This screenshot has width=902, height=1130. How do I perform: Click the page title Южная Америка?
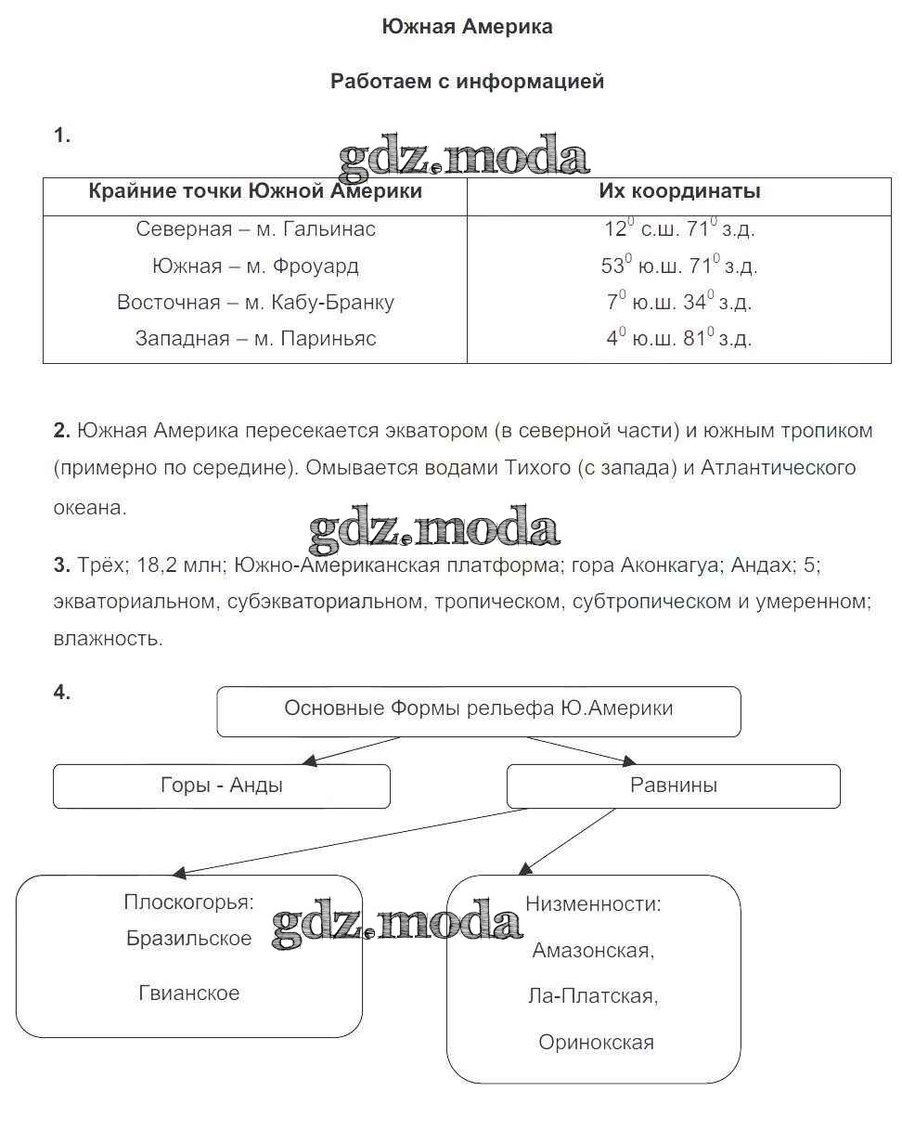pos(467,27)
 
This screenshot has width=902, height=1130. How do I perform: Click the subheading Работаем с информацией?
pos(467,82)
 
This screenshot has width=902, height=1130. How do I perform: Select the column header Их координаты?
pos(679,191)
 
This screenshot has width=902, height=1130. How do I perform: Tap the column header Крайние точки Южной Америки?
pos(255,191)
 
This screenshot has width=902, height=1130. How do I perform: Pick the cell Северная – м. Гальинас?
pos(255,228)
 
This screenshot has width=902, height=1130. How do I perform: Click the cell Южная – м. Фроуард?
pos(255,266)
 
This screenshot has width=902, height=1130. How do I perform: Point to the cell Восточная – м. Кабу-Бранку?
pos(255,302)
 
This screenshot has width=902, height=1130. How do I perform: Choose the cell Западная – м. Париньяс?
pos(255,338)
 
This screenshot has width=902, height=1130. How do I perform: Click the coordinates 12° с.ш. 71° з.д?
pos(679,228)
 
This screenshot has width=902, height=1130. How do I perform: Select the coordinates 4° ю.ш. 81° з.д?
pos(679,338)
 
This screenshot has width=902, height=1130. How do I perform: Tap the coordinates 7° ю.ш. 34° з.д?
pos(679,302)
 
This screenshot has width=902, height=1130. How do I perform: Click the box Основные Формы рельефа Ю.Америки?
pos(479,709)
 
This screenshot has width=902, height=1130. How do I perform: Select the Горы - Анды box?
pos(222,786)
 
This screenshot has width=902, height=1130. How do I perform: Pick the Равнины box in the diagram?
pos(674,786)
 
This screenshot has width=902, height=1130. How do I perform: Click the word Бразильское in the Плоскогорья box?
pos(189,938)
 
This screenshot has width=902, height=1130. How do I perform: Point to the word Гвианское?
pos(189,993)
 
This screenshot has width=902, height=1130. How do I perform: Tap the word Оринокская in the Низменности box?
pos(596,1042)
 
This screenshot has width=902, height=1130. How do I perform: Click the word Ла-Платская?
pos(593,996)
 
